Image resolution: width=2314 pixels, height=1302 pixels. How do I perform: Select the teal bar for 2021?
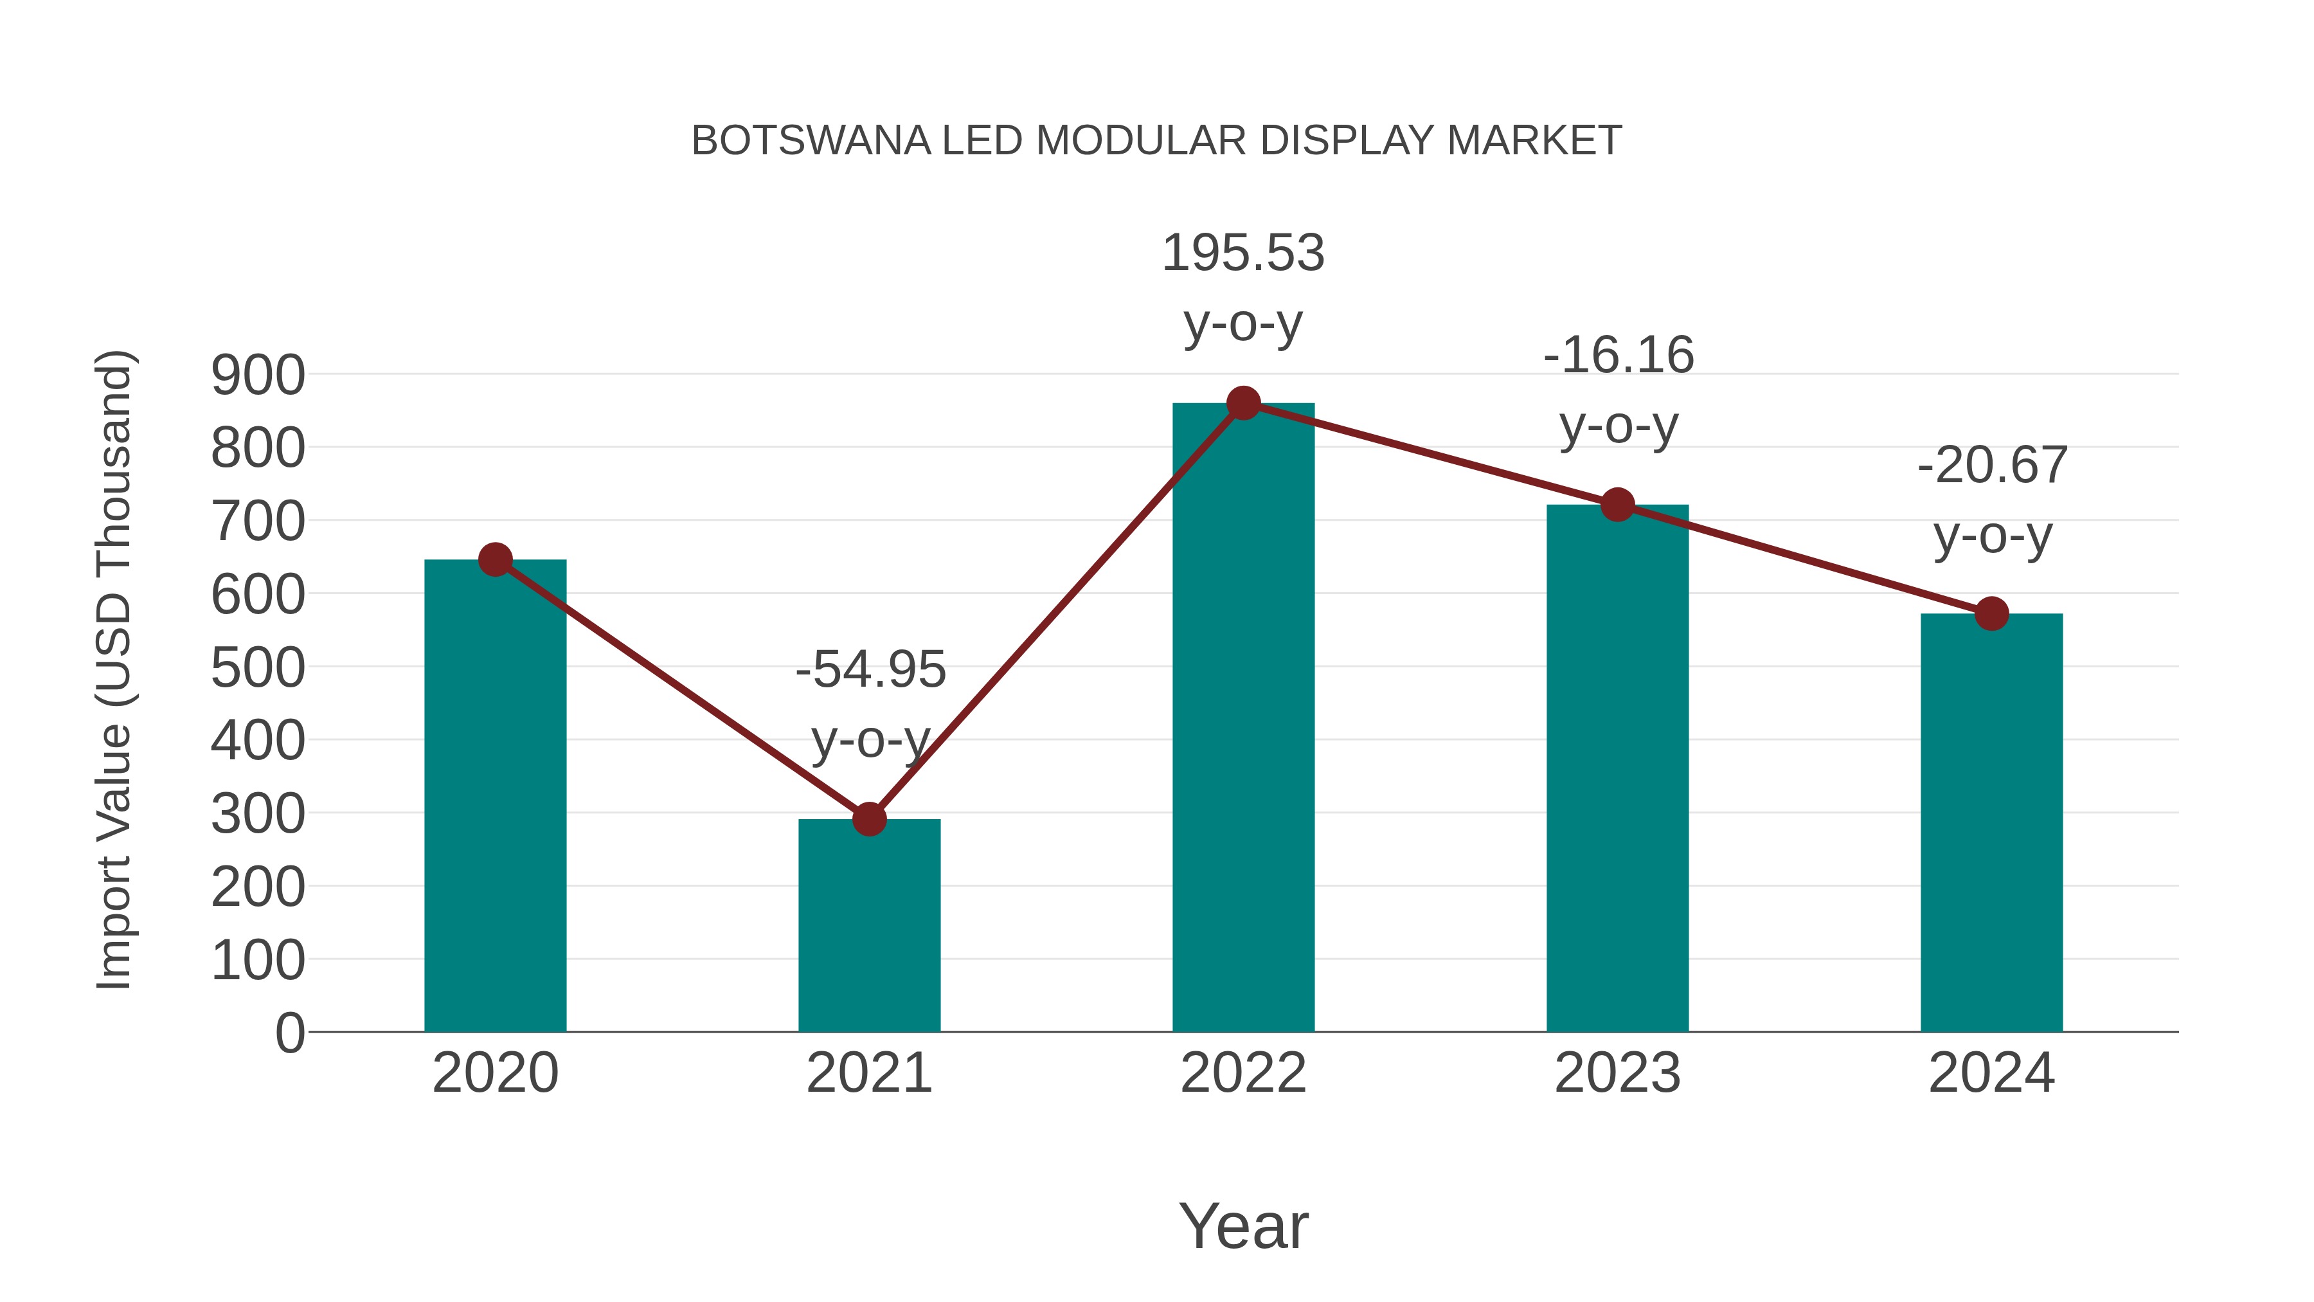click(x=868, y=930)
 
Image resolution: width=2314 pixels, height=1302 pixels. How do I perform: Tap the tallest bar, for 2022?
click(x=1243, y=719)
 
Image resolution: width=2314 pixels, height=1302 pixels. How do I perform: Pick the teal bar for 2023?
click(x=1617, y=773)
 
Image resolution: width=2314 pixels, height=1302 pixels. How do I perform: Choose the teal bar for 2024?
click(x=1991, y=827)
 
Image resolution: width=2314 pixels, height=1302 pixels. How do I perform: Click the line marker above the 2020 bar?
click(x=495, y=560)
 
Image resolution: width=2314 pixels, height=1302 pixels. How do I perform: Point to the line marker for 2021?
click(x=868, y=818)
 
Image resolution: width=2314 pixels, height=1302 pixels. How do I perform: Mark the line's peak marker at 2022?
click(x=1243, y=403)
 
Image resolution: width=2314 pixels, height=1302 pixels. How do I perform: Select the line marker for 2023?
click(x=1617, y=505)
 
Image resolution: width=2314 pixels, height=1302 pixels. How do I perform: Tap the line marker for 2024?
click(x=1991, y=614)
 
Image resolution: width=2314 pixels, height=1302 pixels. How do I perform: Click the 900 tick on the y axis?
click(x=258, y=375)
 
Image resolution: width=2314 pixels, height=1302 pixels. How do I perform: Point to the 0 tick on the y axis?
click(x=289, y=1033)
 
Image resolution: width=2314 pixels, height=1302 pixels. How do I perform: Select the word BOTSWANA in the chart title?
click(x=811, y=141)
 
